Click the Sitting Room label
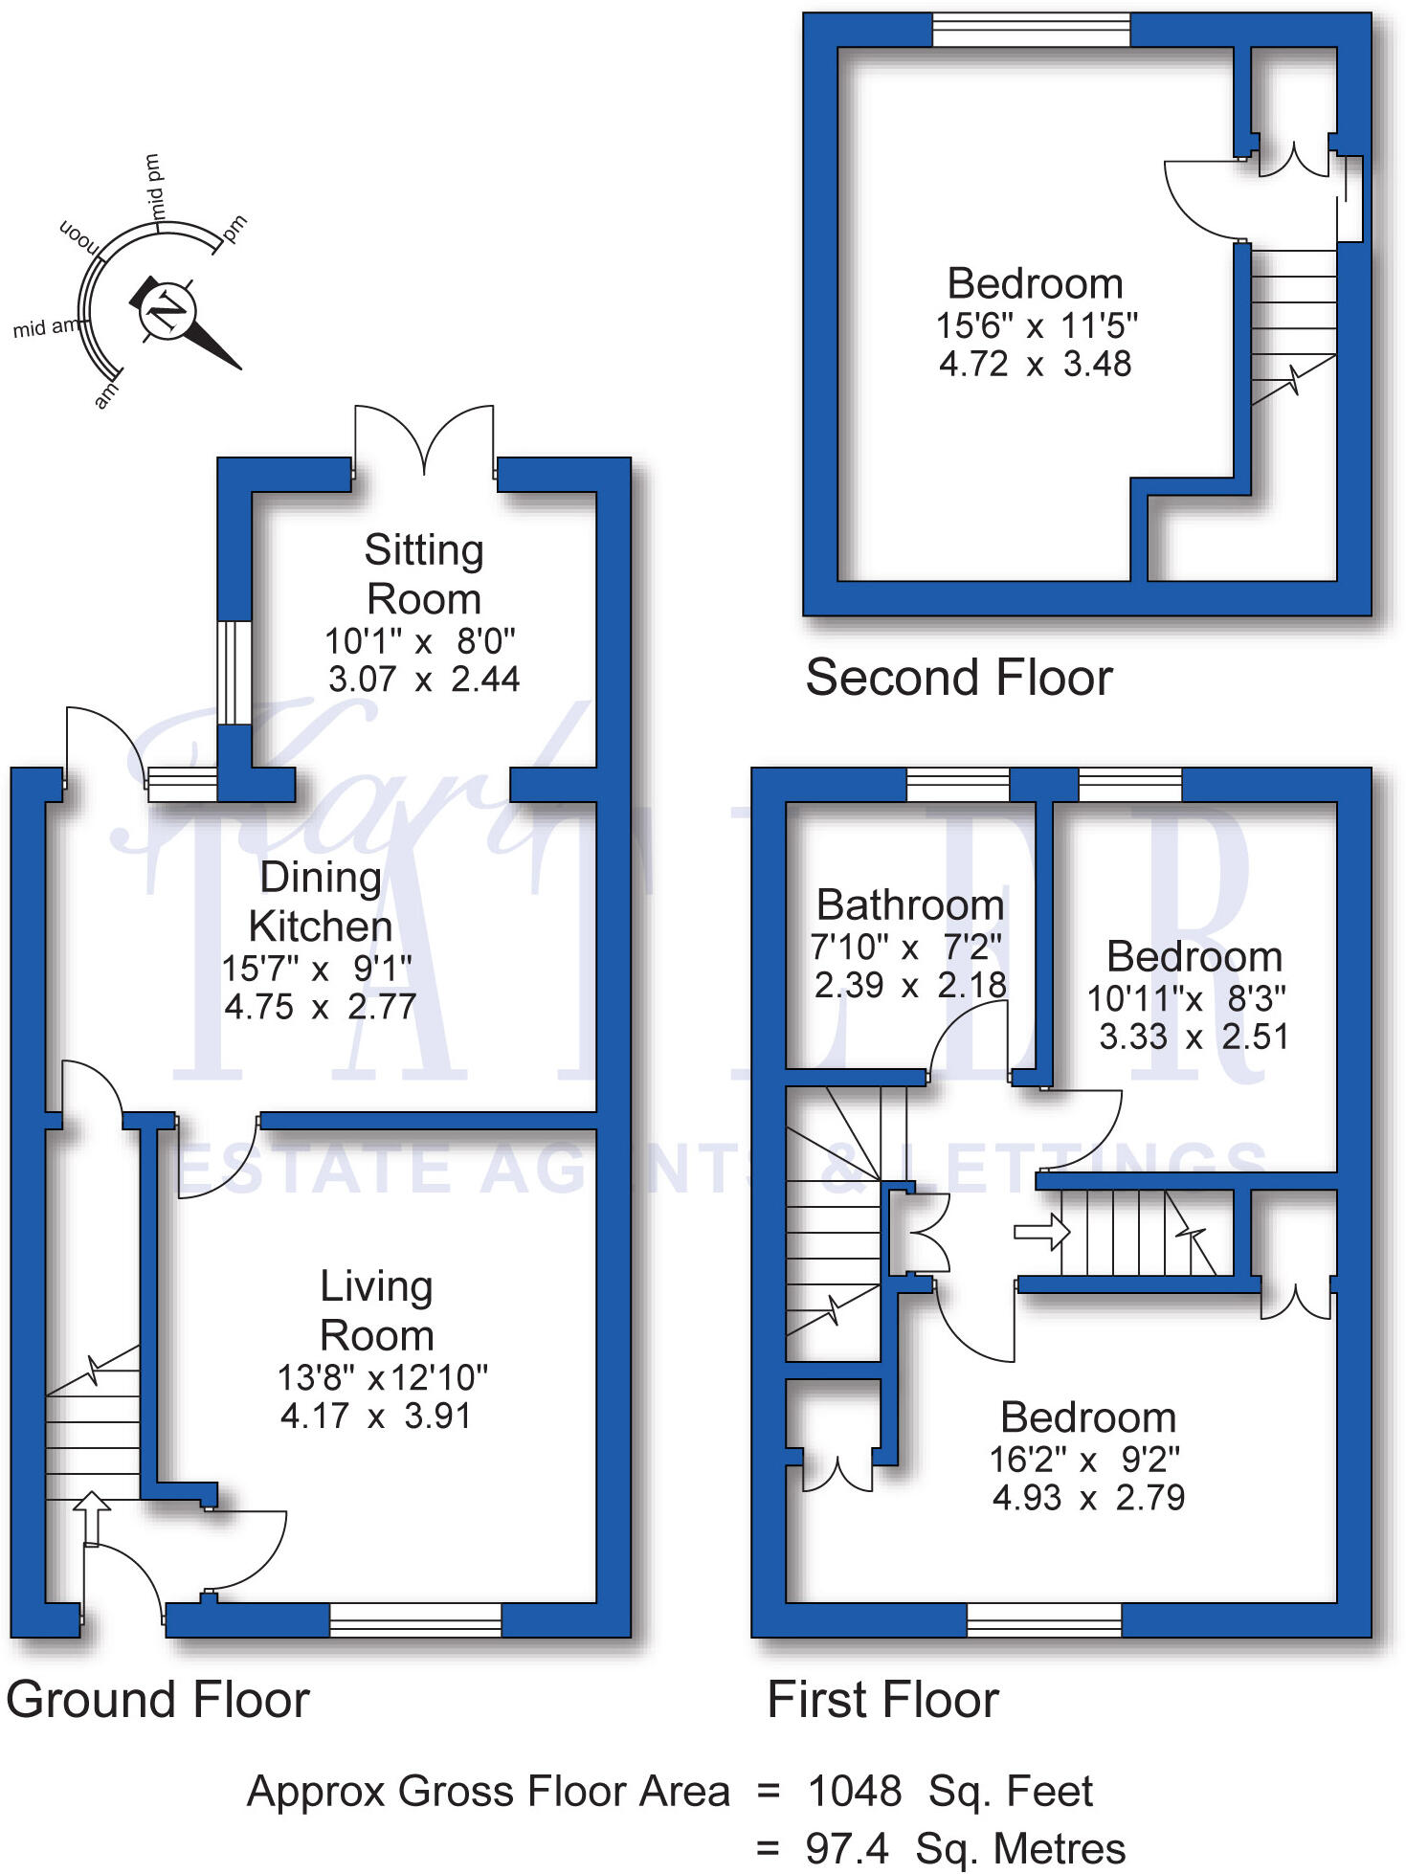coord(424,574)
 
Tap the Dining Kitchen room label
coord(321,902)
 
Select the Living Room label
coord(376,1311)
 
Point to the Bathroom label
coord(910,905)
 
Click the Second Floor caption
coord(959,678)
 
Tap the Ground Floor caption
coord(158,1700)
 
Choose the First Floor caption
coord(882,1700)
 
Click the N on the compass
coord(167,311)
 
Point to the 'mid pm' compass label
coord(153,186)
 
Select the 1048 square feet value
coord(855,1791)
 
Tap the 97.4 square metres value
coord(847,1849)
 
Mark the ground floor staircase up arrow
coord(92,1514)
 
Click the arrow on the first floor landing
coord(1041,1232)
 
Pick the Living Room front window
coord(415,1619)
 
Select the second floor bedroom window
coord(1031,30)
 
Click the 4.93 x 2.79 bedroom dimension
coord(1088,1497)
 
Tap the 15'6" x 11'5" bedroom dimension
coord(1037,326)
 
